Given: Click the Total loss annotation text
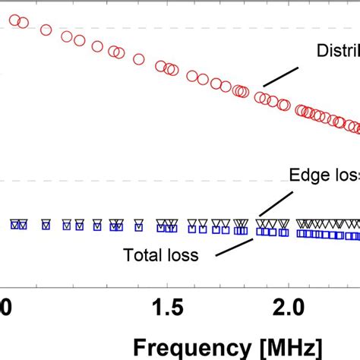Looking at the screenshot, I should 161,255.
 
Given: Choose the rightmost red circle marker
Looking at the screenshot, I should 355,124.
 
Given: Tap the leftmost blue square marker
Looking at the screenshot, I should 14,225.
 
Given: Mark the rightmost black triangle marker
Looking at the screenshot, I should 355,224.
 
